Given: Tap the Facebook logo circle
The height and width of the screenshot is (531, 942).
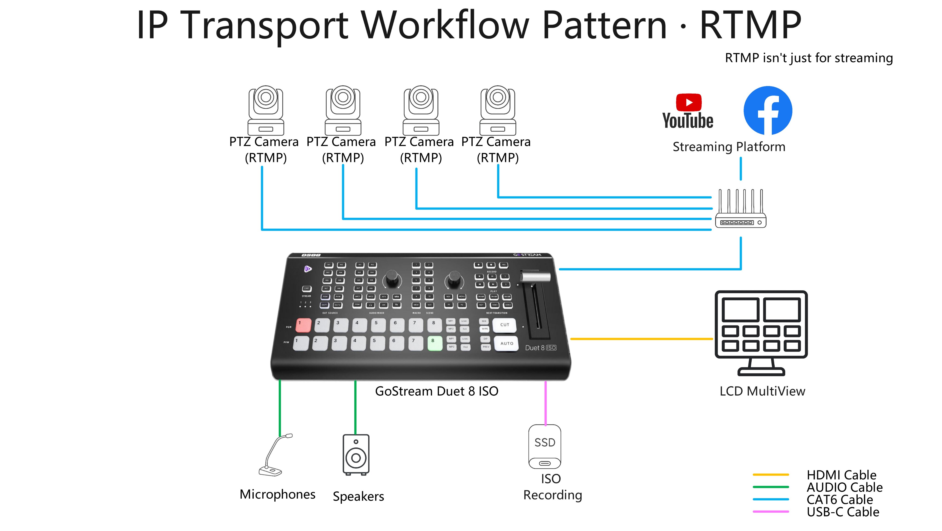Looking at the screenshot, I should coord(768,110).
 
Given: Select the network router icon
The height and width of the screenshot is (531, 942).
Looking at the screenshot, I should coord(741,209).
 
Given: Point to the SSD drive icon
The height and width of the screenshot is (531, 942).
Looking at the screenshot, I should coord(545,447).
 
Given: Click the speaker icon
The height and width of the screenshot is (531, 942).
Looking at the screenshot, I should coord(356,455).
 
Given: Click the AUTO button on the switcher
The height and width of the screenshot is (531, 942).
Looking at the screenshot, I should coord(506,344).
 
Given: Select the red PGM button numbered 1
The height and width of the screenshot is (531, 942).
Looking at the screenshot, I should coord(303,324).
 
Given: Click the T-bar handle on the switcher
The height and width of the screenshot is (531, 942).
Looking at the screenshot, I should coord(535,277).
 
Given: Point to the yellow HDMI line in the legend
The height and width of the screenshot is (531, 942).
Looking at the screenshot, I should coord(770,475).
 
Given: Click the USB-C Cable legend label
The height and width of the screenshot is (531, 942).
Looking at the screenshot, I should coord(843,512).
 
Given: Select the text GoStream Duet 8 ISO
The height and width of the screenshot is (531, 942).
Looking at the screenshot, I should coord(437,391).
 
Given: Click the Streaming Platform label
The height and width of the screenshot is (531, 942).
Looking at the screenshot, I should coord(729,147).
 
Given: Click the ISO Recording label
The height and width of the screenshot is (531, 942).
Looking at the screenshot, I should coord(552,487).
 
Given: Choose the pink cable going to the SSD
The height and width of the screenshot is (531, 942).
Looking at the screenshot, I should coord(545,402).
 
